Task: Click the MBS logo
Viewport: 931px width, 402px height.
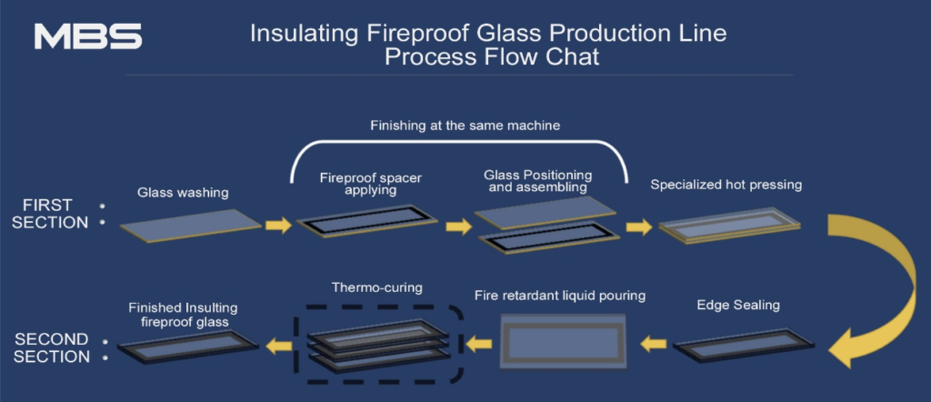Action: pos(87,36)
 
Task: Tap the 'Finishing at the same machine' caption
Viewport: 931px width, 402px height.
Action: pos(465,126)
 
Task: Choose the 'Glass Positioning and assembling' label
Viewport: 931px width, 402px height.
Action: pos(539,181)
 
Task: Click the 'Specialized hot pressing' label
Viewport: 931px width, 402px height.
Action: pos(726,185)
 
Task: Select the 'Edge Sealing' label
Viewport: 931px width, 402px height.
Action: pos(737,305)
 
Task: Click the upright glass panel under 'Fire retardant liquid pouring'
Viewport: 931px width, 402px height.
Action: pos(562,343)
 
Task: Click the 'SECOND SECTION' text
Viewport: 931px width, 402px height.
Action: pos(52,347)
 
